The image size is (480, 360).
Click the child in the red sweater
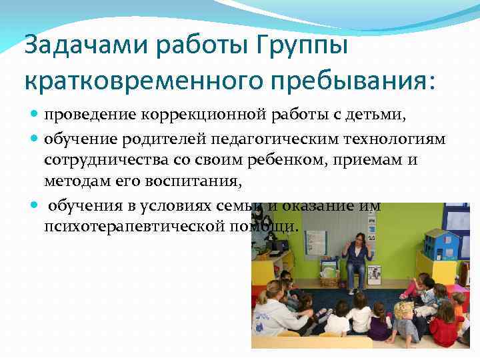tap(445, 327)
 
